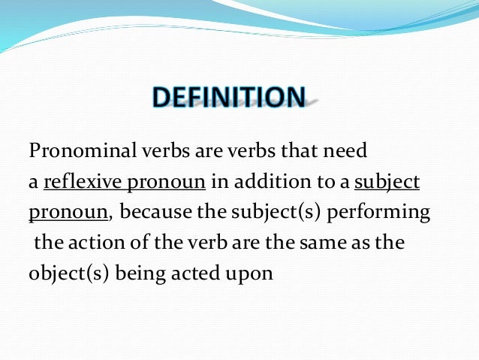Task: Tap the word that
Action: click(298, 152)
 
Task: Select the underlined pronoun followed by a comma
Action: click(68, 213)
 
